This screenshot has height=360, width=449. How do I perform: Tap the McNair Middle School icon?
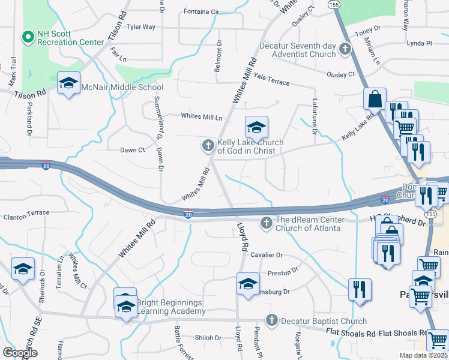tap(68, 83)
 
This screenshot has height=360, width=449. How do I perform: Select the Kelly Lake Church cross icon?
tap(208, 145)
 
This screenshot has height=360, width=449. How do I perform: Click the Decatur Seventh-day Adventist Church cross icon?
tap(345, 49)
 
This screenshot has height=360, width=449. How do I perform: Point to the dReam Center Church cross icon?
tap(266, 223)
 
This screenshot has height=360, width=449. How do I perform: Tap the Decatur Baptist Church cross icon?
tap(271, 320)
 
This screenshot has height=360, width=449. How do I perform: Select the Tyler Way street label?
tap(141, 27)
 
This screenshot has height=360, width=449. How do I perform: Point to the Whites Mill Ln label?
tap(202, 117)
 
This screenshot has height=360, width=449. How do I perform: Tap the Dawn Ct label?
tap(133, 150)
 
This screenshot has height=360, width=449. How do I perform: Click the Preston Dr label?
tap(283, 272)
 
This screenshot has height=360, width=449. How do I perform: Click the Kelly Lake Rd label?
tap(358, 129)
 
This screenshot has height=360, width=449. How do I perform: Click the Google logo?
tap(20, 353)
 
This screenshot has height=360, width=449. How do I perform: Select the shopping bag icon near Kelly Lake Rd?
tap(375, 99)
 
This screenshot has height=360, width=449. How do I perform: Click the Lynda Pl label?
tap(419, 43)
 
